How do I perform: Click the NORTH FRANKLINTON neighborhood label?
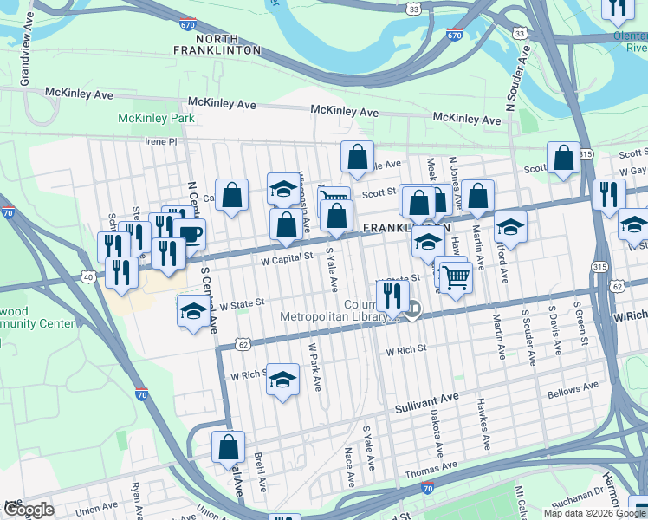[228, 45]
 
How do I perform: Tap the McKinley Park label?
[157, 118]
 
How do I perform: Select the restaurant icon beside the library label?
[392, 296]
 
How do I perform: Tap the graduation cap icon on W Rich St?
[282, 380]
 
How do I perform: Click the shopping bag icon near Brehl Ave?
[228, 448]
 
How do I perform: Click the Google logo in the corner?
[29, 510]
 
